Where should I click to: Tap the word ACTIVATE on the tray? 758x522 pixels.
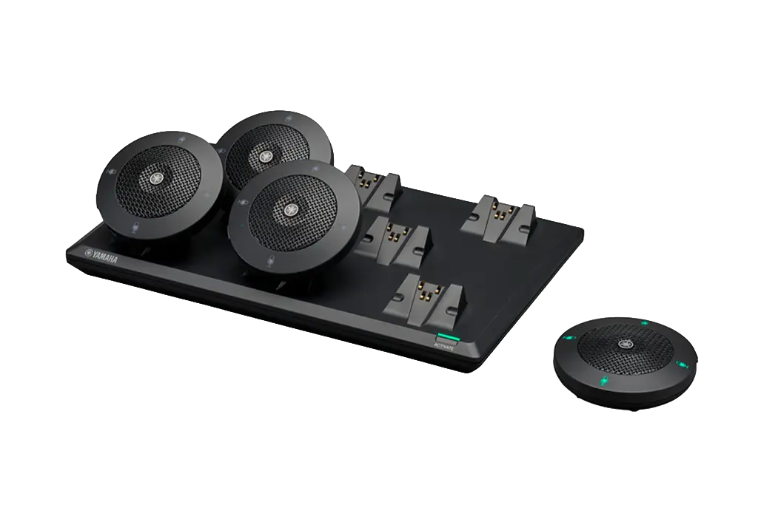[444, 345]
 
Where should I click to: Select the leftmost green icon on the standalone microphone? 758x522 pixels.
[572, 338]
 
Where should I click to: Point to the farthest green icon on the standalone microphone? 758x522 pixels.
[644, 323]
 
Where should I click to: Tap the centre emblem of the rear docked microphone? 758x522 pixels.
[264, 155]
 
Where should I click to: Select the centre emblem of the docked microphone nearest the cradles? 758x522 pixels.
[291, 209]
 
